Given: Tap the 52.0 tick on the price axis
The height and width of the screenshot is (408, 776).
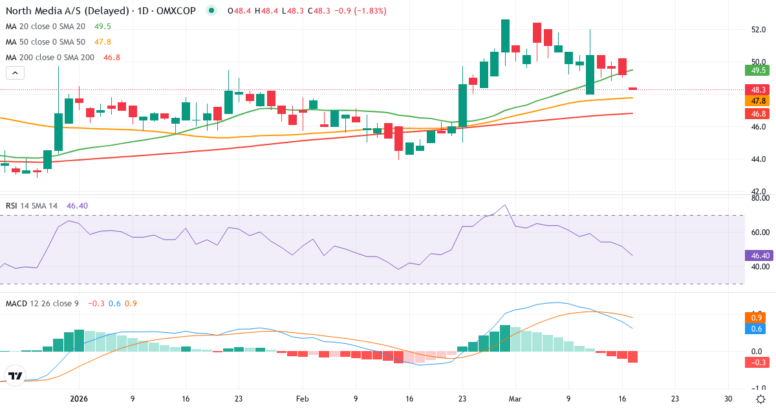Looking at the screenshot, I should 759,30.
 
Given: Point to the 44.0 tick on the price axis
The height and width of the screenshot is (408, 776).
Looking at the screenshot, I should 759,159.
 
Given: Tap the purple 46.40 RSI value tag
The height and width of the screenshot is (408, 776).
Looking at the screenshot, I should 759,256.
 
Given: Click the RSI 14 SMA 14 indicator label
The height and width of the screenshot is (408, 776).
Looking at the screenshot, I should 31,205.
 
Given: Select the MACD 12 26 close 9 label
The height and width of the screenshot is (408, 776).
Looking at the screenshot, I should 42,303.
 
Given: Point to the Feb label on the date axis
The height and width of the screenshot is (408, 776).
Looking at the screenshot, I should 302,399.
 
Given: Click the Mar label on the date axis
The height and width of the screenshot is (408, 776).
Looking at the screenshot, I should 515,399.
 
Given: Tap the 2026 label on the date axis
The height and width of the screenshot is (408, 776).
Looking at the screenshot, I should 79,399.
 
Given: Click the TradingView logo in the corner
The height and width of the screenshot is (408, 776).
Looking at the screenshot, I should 15,376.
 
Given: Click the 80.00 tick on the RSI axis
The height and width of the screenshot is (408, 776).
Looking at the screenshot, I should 759,199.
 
